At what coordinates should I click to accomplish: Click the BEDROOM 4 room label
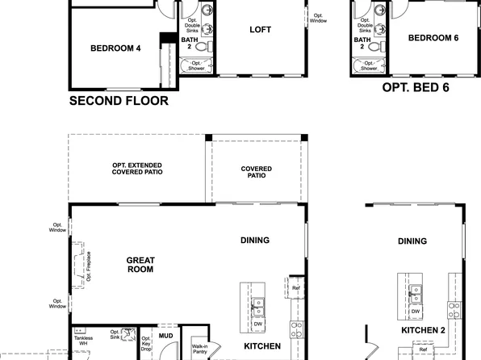(115, 48)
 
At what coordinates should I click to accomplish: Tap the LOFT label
(260, 30)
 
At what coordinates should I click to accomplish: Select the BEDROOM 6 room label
(433, 38)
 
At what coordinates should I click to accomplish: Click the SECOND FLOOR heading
(119, 101)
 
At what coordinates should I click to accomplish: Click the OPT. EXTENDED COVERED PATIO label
(141, 168)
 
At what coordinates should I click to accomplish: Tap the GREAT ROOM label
(140, 265)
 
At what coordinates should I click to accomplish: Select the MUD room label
(165, 335)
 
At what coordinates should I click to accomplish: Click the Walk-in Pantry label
(200, 350)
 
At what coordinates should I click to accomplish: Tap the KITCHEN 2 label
(424, 331)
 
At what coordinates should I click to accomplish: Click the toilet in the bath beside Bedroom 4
(201, 48)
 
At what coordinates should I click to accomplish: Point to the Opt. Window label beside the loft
(320, 18)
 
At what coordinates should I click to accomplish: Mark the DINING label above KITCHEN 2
(412, 241)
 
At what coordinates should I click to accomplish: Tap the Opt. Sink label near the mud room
(115, 335)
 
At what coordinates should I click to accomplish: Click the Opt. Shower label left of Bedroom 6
(369, 65)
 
